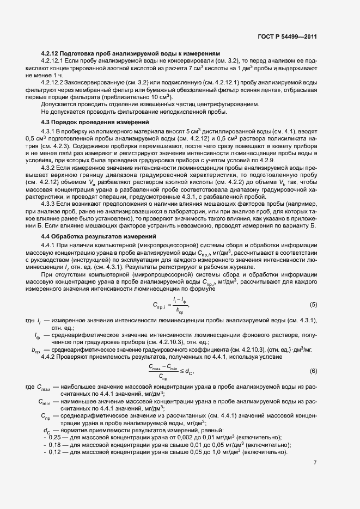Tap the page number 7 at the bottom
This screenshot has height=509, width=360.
tap(315, 463)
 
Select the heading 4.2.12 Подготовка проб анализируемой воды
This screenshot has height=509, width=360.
tap(130, 53)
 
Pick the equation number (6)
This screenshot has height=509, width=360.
tap(313, 371)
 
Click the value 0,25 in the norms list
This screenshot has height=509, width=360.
tap(54, 438)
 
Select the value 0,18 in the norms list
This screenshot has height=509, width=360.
tap(54, 445)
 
